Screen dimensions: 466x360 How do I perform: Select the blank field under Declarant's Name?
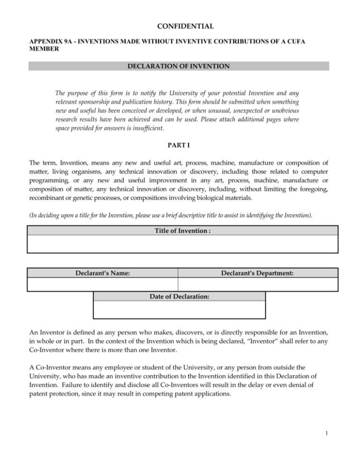[103, 284]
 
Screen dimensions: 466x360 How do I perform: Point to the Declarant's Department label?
[257, 273]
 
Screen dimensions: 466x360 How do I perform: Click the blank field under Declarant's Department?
[257, 284]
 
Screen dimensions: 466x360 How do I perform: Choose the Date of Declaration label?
[180, 296]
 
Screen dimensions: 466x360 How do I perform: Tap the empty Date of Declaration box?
[180, 309]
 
